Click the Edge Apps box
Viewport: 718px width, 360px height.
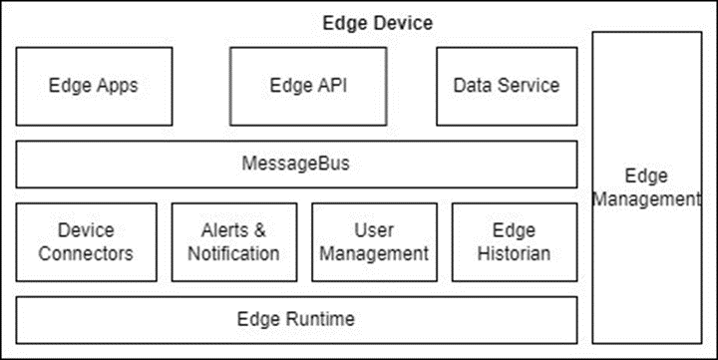click(94, 86)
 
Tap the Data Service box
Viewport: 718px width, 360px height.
click(507, 86)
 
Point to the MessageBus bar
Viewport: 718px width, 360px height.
click(296, 164)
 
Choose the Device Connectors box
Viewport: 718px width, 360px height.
click(86, 242)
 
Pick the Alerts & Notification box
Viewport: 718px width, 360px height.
click(234, 242)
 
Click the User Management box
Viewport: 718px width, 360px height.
click(375, 242)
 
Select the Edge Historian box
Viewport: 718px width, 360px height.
click(515, 242)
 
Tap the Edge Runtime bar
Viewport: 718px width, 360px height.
click(296, 319)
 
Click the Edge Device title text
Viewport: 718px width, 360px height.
click(376, 22)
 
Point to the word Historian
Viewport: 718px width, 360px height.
click(515, 253)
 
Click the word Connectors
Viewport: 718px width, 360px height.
click(86, 253)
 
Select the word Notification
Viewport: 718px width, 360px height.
click(234, 253)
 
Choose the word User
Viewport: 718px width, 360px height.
click(375, 230)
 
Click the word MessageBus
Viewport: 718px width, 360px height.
click(296, 164)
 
